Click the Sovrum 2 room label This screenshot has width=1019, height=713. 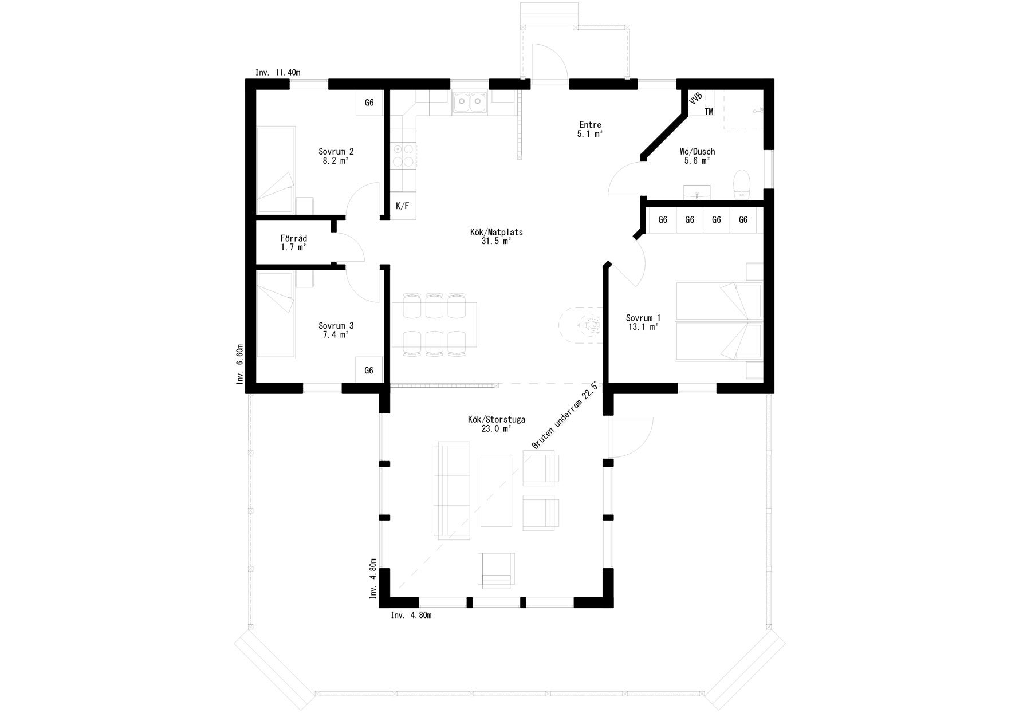point(336,156)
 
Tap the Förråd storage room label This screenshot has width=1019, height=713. point(294,243)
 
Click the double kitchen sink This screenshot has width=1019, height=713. point(469,103)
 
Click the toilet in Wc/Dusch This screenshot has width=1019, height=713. point(742,184)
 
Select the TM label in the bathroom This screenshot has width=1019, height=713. point(709,112)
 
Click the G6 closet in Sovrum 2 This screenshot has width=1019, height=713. point(369,103)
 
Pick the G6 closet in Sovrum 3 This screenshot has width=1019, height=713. point(369,371)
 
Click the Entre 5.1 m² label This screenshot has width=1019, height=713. point(590,129)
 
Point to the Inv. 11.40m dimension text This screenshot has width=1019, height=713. point(278,73)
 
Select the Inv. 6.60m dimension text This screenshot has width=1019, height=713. point(240,364)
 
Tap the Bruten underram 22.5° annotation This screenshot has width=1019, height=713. point(565,416)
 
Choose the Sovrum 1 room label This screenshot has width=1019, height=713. point(643,322)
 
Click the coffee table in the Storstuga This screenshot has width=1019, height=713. point(496,490)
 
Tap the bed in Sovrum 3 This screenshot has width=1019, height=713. point(276,316)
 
